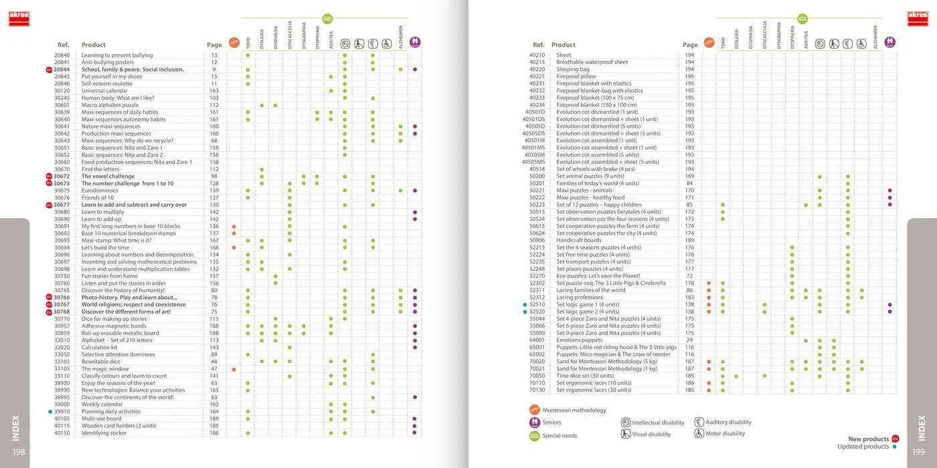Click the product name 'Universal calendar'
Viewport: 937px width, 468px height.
pos(104,91)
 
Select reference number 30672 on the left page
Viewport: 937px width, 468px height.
pos(62,177)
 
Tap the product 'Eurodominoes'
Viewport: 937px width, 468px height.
pos(100,191)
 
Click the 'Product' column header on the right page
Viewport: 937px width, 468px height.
pos(564,45)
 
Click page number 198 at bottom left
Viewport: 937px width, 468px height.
pos(19,452)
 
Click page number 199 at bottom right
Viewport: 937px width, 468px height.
pos(918,452)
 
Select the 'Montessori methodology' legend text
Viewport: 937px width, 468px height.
pos(574,411)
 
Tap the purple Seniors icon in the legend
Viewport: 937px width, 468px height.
pos(535,423)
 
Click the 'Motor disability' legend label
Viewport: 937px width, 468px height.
pos(724,434)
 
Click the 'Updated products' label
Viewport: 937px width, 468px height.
pos(863,447)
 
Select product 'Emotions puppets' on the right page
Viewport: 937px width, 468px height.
pos(580,340)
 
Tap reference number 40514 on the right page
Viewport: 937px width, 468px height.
pos(537,169)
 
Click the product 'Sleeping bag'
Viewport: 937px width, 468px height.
pos(573,70)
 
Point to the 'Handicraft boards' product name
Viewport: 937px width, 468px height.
pos(579,241)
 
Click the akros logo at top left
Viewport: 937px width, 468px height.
pos(19,19)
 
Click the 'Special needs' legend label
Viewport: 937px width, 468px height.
pos(560,436)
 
